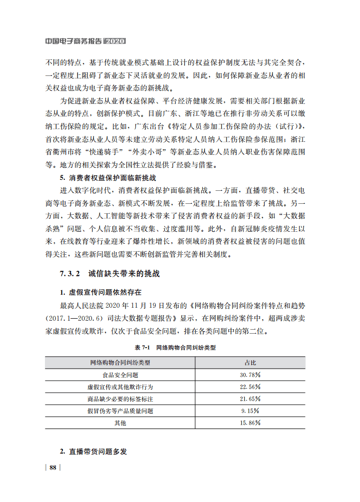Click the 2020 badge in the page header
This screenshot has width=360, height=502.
(115, 40)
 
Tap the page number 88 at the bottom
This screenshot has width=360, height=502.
(53, 468)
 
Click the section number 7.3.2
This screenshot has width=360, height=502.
(70, 274)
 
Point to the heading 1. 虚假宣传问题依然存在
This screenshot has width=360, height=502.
(101, 292)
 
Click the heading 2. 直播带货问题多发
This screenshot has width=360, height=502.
(93, 451)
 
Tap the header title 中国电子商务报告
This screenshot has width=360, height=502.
(73, 40)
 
